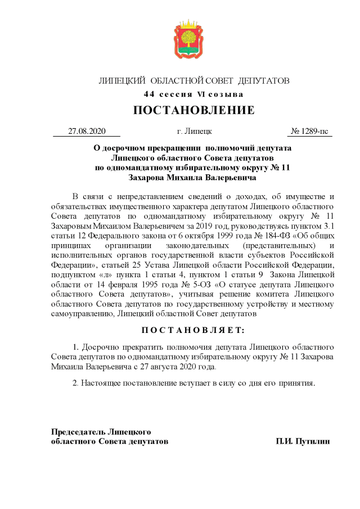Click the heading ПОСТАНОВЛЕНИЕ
pos(193,110)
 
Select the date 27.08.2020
pos(87,131)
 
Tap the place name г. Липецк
pos(194,131)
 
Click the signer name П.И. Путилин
pos(303,442)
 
